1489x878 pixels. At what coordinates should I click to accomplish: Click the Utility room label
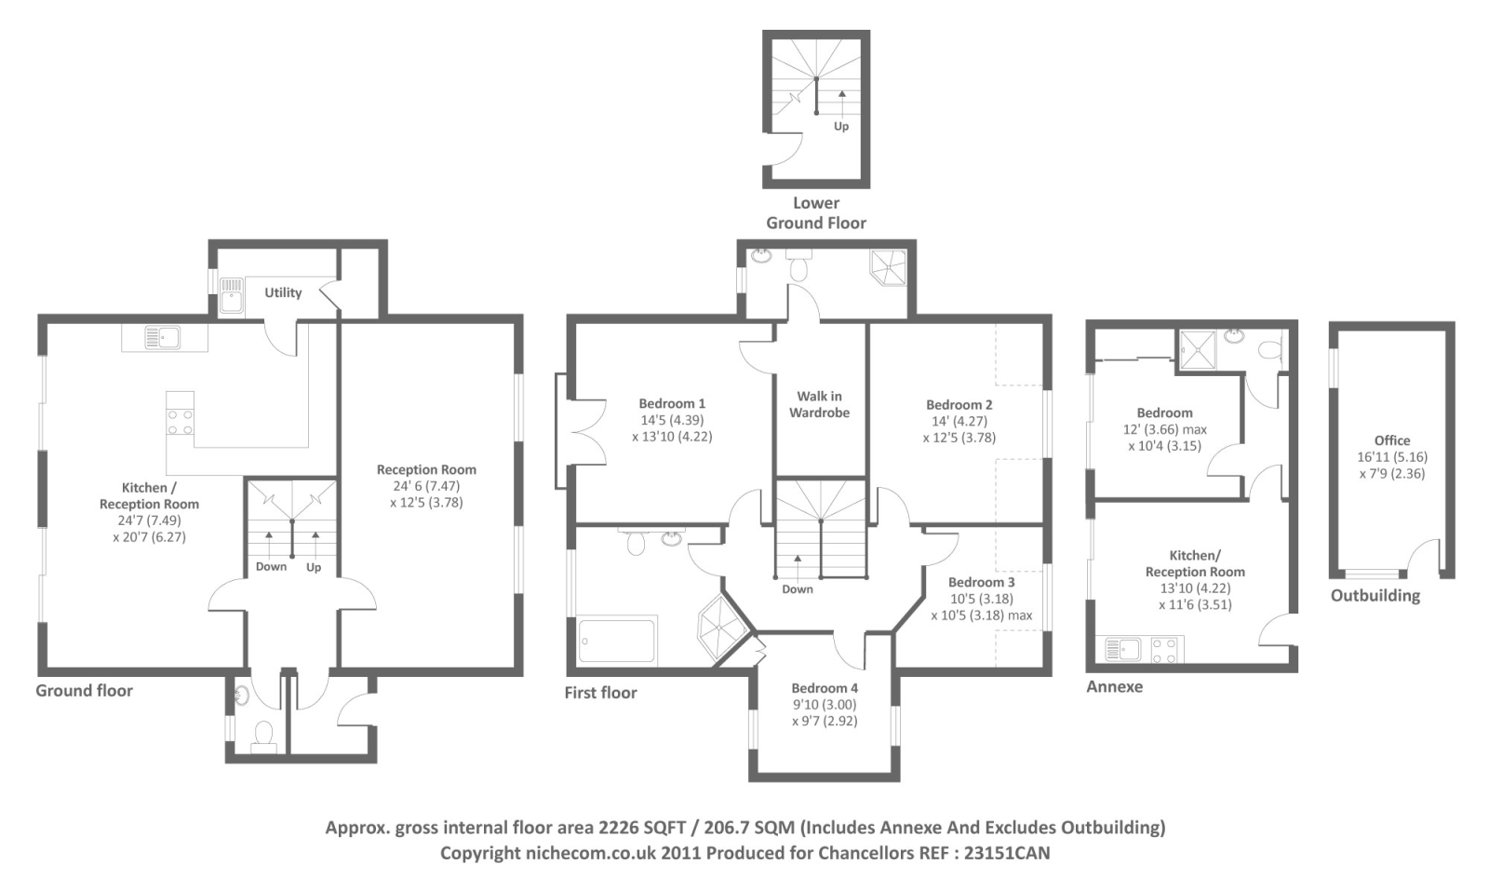coord(283,292)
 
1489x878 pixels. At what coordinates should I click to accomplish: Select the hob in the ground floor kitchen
coord(180,422)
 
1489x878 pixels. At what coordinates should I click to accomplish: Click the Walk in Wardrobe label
coord(819,404)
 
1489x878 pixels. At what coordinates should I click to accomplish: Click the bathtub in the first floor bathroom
coord(617,640)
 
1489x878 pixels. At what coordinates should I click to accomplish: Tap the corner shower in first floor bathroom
coord(723,628)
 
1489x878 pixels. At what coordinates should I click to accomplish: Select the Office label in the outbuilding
coord(1391,440)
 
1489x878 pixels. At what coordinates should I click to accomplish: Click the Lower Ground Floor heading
coord(816,213)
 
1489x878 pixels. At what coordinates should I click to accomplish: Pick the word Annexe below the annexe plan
coord(1114,686)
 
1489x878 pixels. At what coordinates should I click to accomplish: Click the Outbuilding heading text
coord(1375,596)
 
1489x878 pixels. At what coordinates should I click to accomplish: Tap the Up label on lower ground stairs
coord(841,127)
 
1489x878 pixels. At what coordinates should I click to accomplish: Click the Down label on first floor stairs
coord(798,589)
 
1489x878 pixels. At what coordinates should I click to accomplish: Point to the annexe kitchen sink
coord(1123,648)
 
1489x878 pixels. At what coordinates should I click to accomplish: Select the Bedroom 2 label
coord(959,405)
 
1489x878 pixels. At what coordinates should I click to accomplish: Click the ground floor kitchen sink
coord(162,337)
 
